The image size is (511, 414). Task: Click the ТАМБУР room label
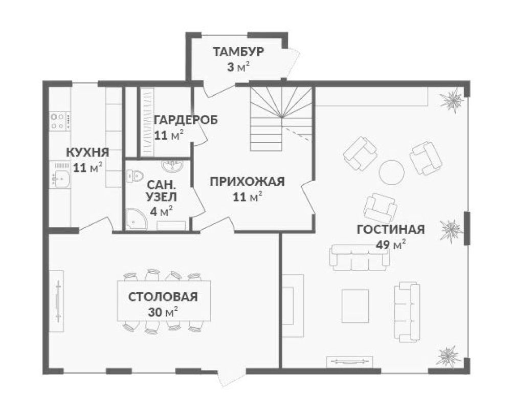(x=238, y=52)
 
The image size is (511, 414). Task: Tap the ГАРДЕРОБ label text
(x=186, y=120)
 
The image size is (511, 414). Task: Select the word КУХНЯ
(x=87, y=152)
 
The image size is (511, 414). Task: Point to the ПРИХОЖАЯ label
(x=247, y=182)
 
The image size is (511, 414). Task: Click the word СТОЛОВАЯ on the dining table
(x=163, y=297)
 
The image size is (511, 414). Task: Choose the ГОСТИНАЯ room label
(x=391, y=229)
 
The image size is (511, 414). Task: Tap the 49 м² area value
(x=391, y=245)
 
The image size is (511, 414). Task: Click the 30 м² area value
(x=163, y=312)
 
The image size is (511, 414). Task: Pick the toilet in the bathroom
(x=135, y=176)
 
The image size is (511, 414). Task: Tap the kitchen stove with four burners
(x=60, y=121)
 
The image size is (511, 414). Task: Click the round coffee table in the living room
(x=392, y=172)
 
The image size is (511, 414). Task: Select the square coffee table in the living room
(x=355, y=306)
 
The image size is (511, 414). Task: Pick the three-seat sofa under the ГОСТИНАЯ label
(x=360, y=257)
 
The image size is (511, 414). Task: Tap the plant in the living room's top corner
(x=451, y=99)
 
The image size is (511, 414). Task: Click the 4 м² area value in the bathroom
(x=161, y=211)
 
